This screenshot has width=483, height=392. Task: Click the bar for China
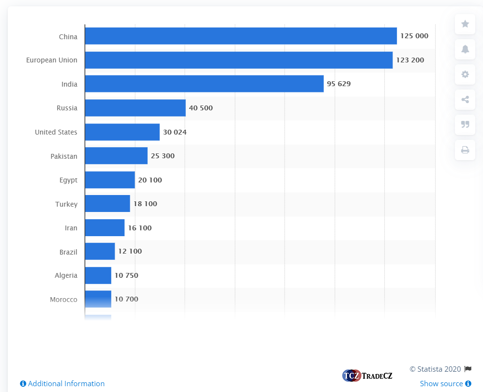click(x=241, y=36)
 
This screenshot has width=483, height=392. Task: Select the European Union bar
click(x=239, y=60)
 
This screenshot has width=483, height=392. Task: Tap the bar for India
click(x=204, y=84)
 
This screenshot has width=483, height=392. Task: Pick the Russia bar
click(x=135, y=108)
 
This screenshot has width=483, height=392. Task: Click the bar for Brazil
click(x=100, y=252)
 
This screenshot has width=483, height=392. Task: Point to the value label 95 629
click(x=339, y=84)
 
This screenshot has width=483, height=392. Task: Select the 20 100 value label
click(x=150, y=180)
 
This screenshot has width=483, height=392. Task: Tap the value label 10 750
click(x=126, y=275)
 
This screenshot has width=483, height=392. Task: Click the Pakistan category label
click(x=64, y=156)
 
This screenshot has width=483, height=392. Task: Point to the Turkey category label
click(x=66, y=204)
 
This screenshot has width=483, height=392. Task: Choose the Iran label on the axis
click(x=71, y=228)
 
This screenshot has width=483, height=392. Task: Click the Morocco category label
click(x=63, y=300)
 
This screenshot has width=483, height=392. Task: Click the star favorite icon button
click(x=465, y=24)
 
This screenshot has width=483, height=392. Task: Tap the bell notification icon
click(x=465, y=49)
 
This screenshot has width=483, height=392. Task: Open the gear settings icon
click(x=465, y=75)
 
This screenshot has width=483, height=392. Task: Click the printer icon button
click(x=465, y=150)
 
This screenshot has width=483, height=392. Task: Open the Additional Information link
click(x=62, y=384)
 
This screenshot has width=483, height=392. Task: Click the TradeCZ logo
click(x=367, y=376)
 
